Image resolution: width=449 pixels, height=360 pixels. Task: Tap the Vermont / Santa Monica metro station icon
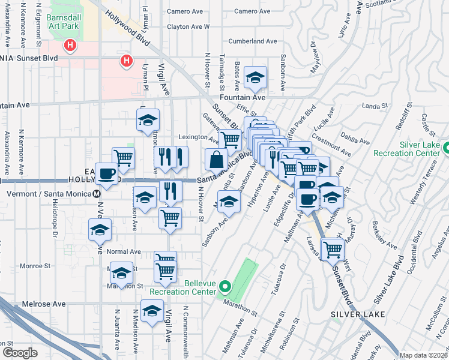[x=97, y=194]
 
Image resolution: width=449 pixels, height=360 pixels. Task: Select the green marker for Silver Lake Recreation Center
[x=447, y=148]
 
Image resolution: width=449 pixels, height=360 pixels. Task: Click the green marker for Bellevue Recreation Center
[x=225, y=286]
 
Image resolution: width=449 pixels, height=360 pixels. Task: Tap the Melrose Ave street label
[x=44, y=304]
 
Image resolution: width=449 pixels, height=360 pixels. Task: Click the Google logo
[x=20, y=352]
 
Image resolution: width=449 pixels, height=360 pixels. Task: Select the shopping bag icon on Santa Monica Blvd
[x=216, y=160]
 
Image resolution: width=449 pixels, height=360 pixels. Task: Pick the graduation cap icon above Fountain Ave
[x=255, y=77]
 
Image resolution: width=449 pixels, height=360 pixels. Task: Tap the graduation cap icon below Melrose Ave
[x=152, y=311]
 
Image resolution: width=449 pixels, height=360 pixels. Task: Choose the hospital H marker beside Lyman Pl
[x=126, y=60]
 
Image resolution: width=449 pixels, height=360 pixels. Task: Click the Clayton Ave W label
[x=188, y=26]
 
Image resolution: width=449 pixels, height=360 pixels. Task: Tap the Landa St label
[x=375, y=107]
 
